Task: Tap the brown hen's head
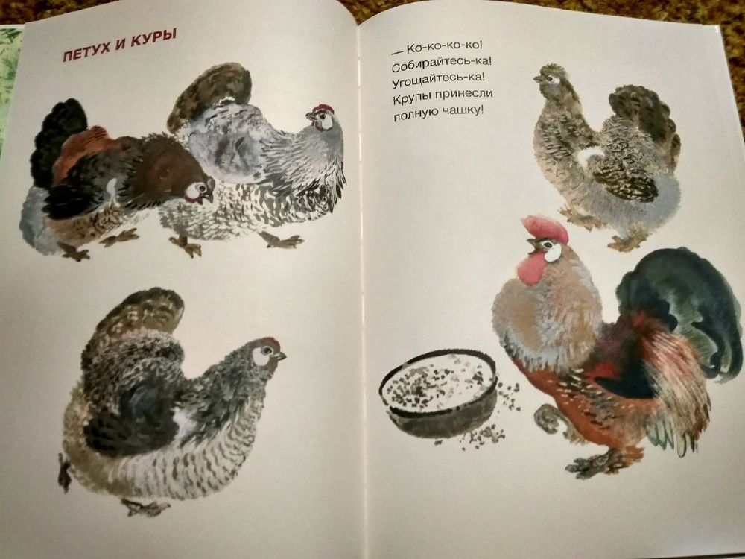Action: (200, 190)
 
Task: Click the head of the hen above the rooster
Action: (551, 78)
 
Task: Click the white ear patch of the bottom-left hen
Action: (260, 356)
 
